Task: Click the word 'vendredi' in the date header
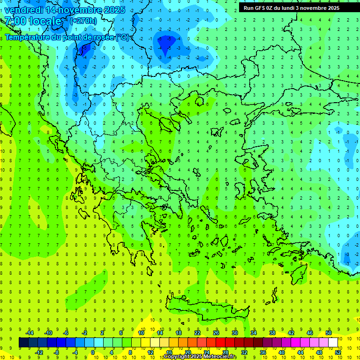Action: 22,9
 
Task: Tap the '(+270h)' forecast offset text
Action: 83,21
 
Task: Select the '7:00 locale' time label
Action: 33,21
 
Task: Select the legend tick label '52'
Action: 338,352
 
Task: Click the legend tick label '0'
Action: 93,352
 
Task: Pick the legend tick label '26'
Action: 216,333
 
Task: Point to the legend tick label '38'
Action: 272,333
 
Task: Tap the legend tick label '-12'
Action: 39,352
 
